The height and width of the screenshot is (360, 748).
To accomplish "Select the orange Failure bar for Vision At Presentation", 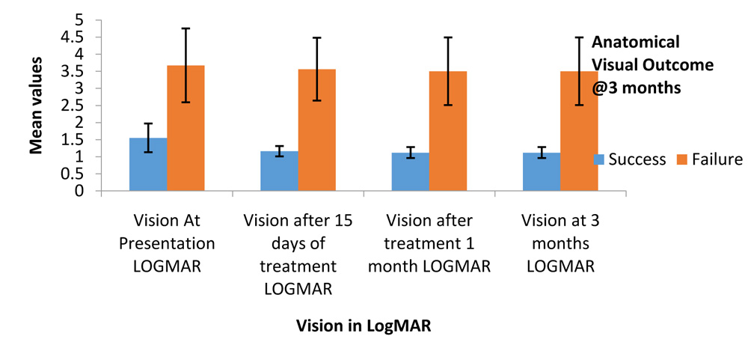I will (186, 128).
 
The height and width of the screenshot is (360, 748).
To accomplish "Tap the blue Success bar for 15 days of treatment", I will (279, 171).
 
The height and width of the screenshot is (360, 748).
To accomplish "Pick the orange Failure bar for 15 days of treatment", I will (316, 130).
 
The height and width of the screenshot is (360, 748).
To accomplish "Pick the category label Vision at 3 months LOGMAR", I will (560, 244).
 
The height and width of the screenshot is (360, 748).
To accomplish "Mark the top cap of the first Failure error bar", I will (186, 28).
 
